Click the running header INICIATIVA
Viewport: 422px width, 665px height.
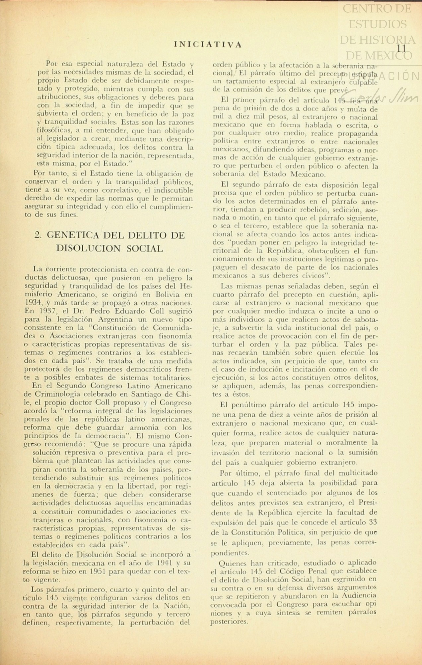(208, 44)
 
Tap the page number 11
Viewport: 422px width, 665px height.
(401, 48)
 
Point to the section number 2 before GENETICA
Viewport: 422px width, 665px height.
(37, 235)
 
